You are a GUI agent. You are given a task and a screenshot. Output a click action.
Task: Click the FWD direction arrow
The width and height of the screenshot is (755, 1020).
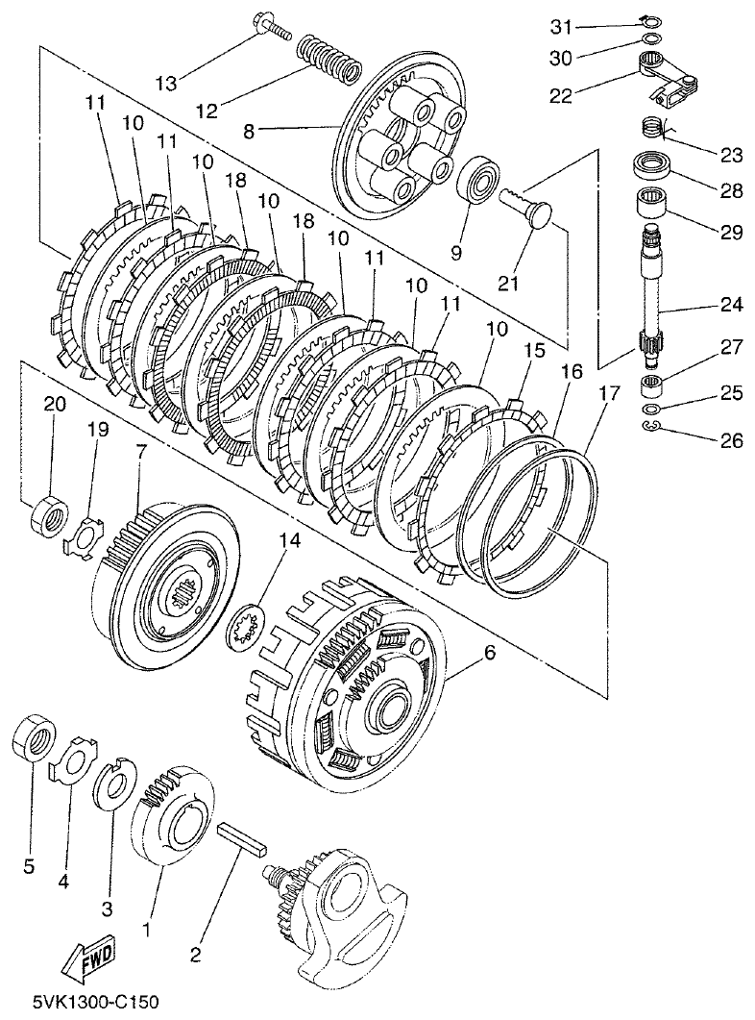pos(85,959)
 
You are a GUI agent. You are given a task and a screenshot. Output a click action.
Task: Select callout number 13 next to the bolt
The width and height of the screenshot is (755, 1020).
pos(166,83)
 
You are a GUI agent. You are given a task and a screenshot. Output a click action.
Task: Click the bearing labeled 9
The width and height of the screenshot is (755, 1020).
pos(476,180)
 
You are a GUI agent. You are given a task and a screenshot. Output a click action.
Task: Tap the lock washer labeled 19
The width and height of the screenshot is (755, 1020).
pos(88,534)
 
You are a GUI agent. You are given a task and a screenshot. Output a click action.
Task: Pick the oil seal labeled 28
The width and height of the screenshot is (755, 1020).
pos(653,165)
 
